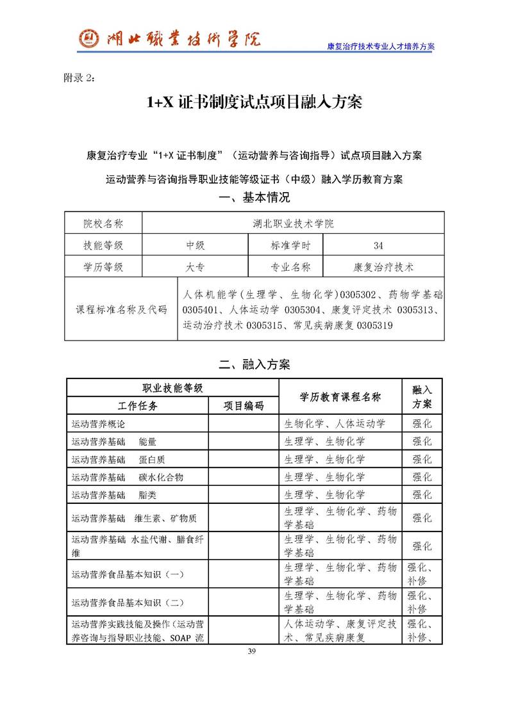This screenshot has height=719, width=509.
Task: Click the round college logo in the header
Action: tap(88, 39)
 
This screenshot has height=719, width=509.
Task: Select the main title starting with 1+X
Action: tap(254, 102)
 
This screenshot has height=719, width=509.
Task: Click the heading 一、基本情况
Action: tap(254, 198)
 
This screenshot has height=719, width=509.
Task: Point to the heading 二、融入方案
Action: tap(254, 365)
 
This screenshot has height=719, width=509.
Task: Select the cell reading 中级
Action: tap(196, 245)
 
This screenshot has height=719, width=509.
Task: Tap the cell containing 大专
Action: tap(196, 266)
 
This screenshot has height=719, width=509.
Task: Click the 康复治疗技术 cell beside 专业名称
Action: tap(383, 266)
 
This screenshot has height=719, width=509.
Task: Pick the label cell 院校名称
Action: tap(103, 223)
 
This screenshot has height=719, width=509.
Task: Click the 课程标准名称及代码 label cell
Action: tap(121, 309)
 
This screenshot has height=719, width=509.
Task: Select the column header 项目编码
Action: tap(243, 406)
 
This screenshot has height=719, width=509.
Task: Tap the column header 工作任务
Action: tap(138, 406)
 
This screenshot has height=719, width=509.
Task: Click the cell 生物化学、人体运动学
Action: tap(335, 424)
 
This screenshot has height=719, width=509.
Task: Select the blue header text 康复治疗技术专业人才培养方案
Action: tap(381, 47)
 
